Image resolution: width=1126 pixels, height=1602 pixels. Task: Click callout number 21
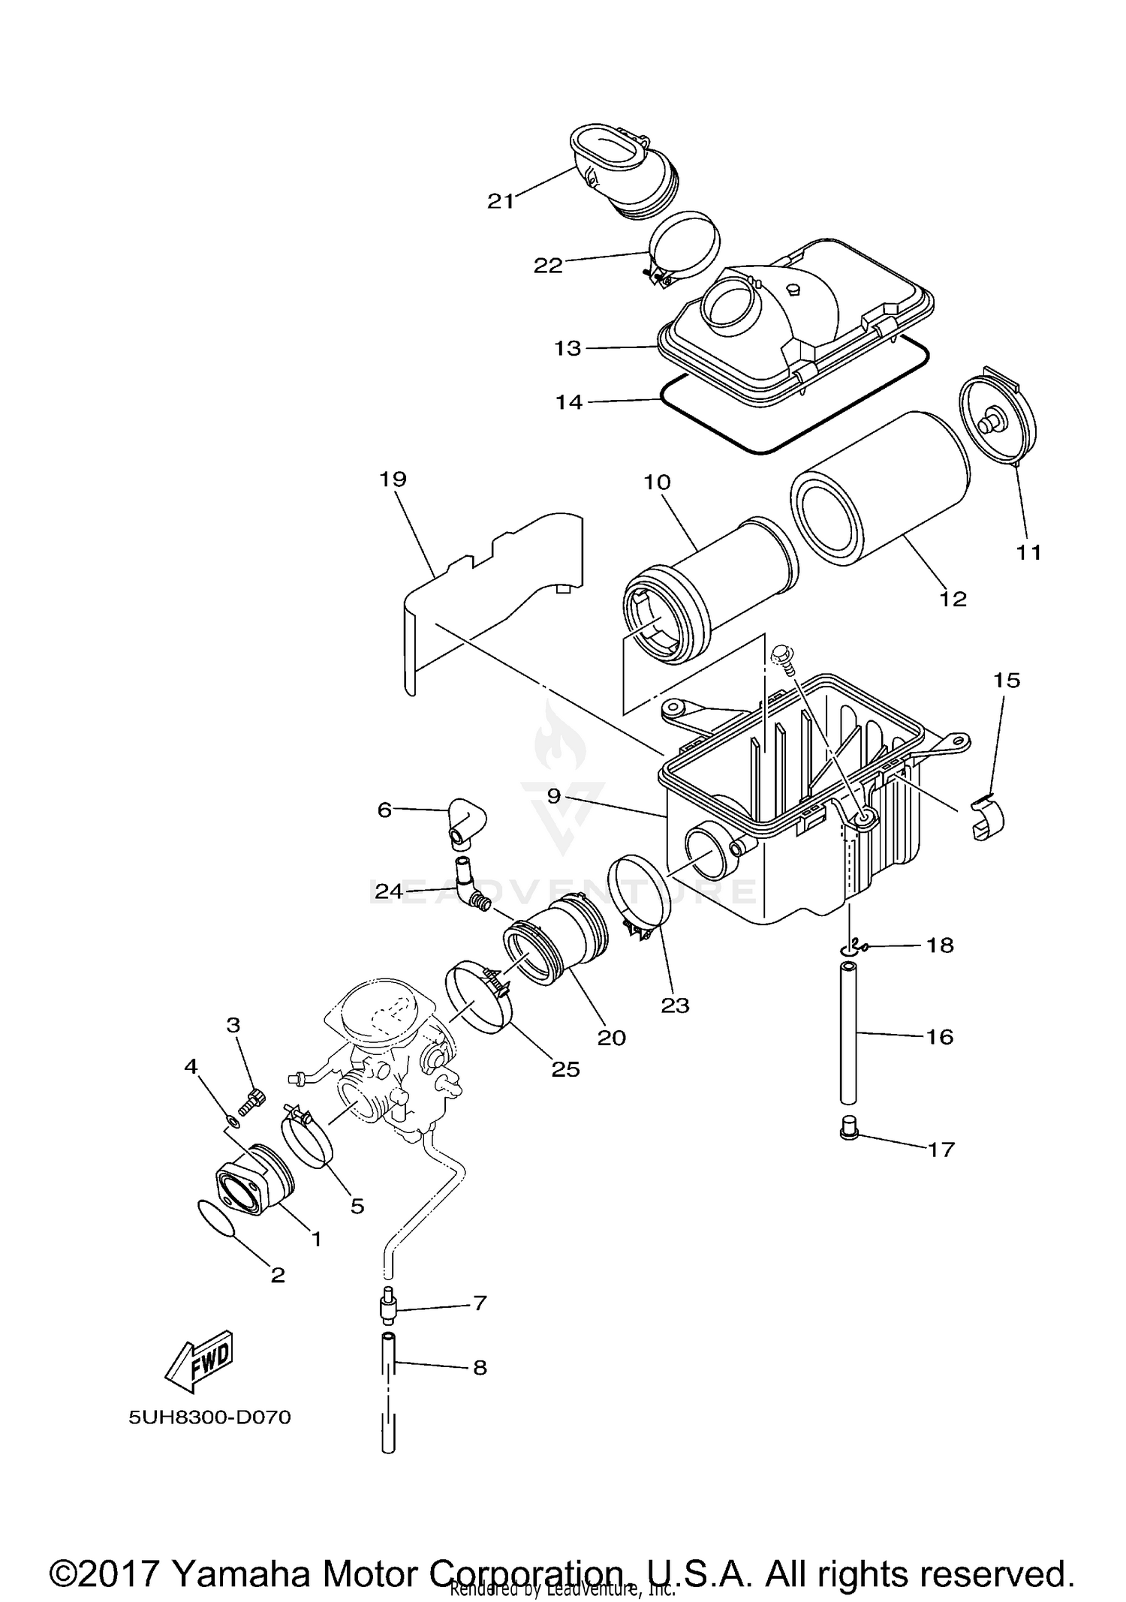click(501, 201)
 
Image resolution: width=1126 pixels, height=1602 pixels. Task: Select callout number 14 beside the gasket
click(569, 402)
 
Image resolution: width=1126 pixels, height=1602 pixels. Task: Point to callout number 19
click(393, 479)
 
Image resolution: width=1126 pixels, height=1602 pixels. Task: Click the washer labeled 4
click(233, 1122)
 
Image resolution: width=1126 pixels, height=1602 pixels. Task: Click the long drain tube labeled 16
click(848, 1035)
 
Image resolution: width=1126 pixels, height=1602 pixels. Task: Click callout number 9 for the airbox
click(554, 796)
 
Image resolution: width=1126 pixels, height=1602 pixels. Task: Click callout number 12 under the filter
click(953, 599)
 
